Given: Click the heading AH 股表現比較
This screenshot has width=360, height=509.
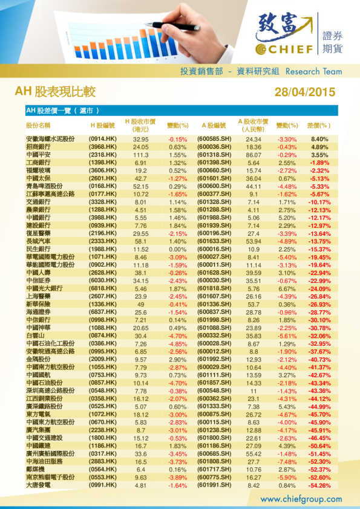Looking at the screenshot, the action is click(55, 92).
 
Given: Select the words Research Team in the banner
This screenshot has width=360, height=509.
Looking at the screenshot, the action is click(313, 71).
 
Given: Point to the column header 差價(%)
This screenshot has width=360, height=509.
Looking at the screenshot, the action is click(319, 126).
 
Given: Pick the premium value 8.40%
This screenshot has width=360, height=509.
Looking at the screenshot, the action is click(319, 139).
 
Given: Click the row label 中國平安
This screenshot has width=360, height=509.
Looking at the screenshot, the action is click(38, 155).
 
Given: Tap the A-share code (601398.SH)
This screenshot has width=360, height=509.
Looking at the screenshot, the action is click(215, 163).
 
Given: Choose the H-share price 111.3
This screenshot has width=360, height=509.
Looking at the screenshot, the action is click(141, 155).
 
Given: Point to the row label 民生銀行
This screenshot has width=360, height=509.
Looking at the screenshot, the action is click(38, 249).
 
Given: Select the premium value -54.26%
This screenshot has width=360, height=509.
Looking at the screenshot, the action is click(319, 485).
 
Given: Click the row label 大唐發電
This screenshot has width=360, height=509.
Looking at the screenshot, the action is click(38, 485).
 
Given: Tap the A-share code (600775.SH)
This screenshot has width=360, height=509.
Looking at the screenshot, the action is click(215, 477).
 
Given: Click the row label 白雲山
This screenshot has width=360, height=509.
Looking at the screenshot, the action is click(34, 336).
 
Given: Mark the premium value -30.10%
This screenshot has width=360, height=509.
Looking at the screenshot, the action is click(319, 320).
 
